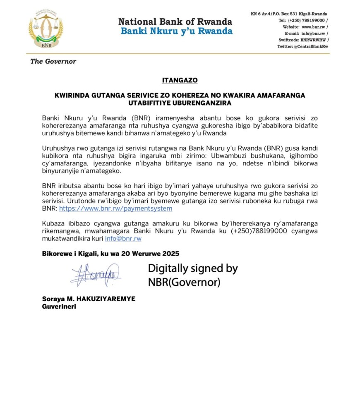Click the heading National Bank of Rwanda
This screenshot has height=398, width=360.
pos(175,22)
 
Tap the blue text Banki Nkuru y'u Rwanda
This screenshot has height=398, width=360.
pos(176,31)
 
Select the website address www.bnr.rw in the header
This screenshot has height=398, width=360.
pos(315,27)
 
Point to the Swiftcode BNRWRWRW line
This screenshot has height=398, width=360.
pos(303,40)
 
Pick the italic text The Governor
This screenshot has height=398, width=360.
pos(53,61)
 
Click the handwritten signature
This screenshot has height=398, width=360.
pos(96,275)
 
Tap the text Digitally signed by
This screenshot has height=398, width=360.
pos(193,269)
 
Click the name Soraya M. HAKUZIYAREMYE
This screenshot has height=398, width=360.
pos(89,299)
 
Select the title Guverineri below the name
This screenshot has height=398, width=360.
pos(59,307)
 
